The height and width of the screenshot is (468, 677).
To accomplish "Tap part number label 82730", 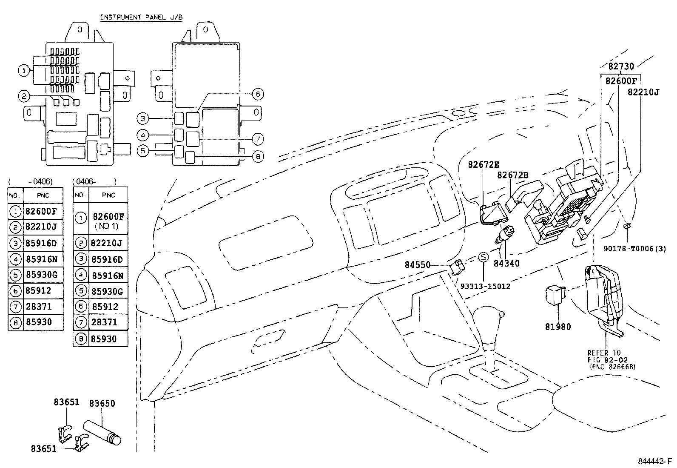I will [x=620, y=66].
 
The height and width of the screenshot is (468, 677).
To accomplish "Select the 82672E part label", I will [x=484, y=164].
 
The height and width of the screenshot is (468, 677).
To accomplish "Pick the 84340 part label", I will [x=506, y=264].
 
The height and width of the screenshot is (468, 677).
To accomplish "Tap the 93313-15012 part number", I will [x=485, y=286].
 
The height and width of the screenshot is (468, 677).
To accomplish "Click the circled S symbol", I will [x=483, y=257].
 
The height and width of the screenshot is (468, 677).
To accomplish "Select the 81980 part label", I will [x=558, y=327].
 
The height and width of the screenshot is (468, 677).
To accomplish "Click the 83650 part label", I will [x=102, y=403].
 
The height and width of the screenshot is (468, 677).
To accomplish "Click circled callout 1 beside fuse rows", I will [x=25, y=70].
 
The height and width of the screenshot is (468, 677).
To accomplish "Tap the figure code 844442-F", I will [x=654, y=461].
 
